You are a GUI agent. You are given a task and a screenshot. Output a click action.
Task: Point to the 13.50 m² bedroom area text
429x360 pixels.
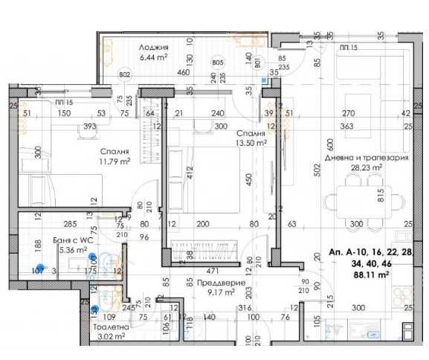tap(251, 144)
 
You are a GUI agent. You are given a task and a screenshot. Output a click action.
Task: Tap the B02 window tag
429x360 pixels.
tap(124, 74)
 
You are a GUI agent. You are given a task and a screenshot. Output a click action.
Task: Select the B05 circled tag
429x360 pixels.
tap(217, 63)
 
